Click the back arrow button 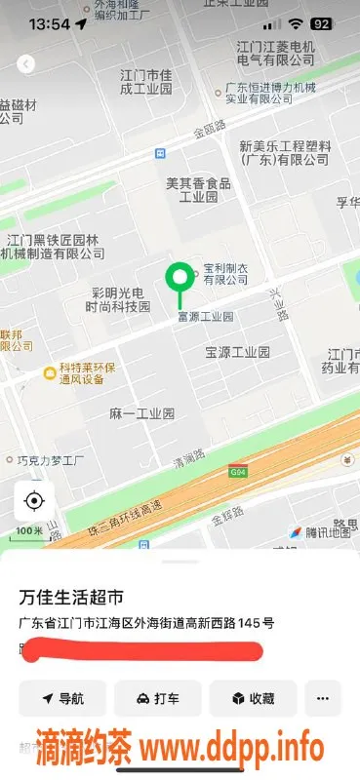pyautogui.click(x=26, y=63)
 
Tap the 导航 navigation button pyautogui.click(x=62, y=698)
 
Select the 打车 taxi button pyautogui.click(x=157, y=698)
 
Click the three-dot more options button pyautogui.click(x=323, y=698)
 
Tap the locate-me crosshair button pyautogui.click(x=34, y=502)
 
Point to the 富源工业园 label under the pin pyautogui.click(x=205, y=317)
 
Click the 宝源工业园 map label pyautogui.click(x=237, y=352)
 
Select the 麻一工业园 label pyautogui.click(x=141, y=413)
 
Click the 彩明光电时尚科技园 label pyautogui.click(x=119, y=299)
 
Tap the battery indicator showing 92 pyautogui.click(x=320, y=23)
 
